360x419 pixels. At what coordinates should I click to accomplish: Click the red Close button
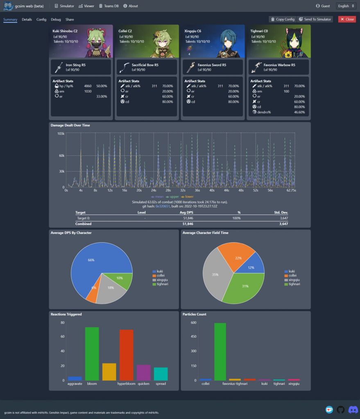pos(347,19)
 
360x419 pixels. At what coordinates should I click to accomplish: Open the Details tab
pos(27,20)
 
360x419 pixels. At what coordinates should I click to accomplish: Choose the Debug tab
pos(56,20)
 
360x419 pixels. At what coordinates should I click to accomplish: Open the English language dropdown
pos(346,6)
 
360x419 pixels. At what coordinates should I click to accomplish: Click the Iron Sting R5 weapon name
pos(76,65)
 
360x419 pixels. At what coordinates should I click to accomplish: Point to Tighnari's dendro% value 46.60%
pos(299,112)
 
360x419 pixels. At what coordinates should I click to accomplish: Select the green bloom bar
pos(92,354)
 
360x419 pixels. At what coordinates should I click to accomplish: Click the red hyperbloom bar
pos(126,355)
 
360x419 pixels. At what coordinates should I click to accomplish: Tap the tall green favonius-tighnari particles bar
pos(220,351)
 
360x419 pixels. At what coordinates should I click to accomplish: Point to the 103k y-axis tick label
pos(61,133)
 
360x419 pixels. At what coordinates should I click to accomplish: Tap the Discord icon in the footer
pos(353,410)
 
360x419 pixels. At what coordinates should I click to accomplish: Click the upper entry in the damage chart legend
pos(168,197)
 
